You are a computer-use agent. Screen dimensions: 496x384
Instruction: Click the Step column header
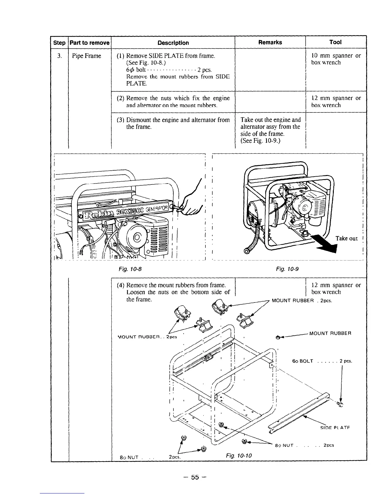pos(59,43)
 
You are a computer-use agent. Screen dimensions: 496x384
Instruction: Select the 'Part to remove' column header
pos(90,43)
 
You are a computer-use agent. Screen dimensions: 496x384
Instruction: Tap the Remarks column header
pos(270,42)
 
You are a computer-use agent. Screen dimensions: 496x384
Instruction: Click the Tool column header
pos(335,42)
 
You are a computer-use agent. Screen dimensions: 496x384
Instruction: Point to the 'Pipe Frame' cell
pos(87,56)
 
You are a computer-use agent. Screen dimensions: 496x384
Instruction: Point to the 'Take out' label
pos(347,239)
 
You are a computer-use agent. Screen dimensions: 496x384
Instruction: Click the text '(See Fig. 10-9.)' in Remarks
pos(260,141)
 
